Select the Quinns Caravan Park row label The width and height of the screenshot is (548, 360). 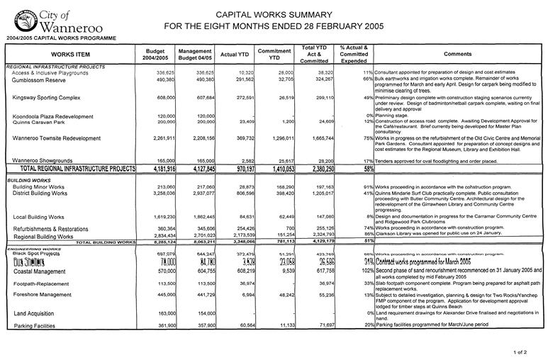pos(40,122)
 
